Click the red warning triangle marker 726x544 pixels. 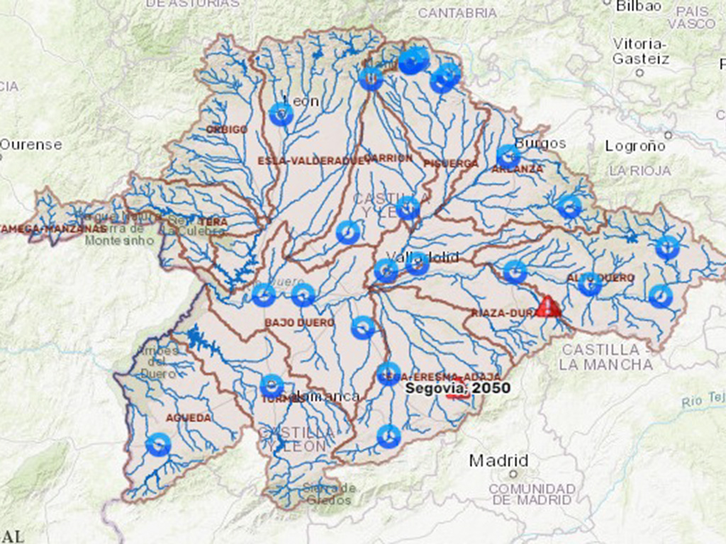548,307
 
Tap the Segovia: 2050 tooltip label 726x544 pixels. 457,388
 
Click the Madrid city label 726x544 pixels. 498,460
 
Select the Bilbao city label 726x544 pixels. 638,6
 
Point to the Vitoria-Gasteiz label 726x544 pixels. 640,51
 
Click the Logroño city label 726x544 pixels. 635,146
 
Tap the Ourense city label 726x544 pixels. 31,144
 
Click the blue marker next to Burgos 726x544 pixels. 508,157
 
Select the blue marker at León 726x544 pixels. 281,114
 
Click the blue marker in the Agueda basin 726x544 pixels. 158,445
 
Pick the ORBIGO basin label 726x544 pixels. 227,130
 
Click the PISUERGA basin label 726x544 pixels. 451,164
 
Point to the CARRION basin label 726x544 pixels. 389,158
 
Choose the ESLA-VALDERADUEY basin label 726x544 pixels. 304,161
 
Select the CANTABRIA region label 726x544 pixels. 457,13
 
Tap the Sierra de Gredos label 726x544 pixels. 328,494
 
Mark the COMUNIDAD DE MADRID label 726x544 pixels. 532,494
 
